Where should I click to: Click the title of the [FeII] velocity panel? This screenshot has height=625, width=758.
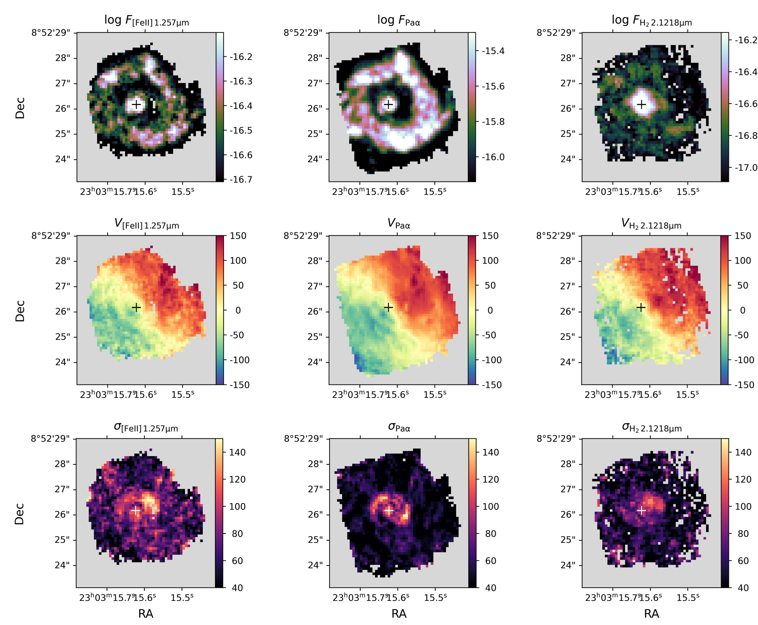(146, 223)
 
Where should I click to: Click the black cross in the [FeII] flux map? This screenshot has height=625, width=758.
(136, 104)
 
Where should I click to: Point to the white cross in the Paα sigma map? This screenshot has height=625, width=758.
(389, 511)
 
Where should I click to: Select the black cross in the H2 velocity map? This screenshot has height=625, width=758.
(641, 307)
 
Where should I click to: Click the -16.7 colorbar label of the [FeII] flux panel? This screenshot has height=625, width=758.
(241, 179)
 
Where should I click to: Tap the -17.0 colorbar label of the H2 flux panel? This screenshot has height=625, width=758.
(745, 167)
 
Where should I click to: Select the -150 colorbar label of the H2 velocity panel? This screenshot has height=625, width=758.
(744, 385)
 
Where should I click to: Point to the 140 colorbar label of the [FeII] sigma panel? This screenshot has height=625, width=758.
(237, 452)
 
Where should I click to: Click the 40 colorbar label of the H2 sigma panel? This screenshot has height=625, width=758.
(742, 588)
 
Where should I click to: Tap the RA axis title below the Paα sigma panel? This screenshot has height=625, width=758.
(399, 614)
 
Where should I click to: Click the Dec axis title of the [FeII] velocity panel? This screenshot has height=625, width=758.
(20, 310)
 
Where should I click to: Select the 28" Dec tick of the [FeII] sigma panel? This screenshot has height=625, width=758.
(62, 464)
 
